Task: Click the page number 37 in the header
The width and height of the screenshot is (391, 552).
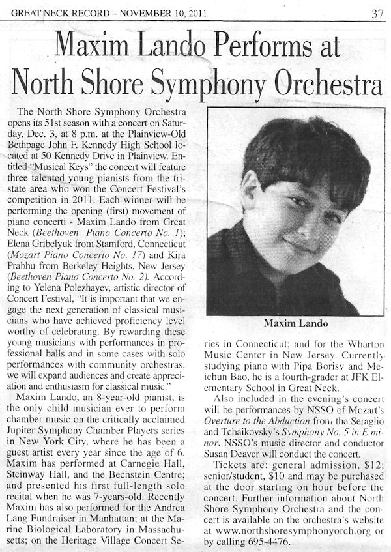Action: [x=377, y=12]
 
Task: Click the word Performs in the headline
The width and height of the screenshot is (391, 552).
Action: [x=230, y=50]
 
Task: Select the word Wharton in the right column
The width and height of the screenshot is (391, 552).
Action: [x=361, y=343]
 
